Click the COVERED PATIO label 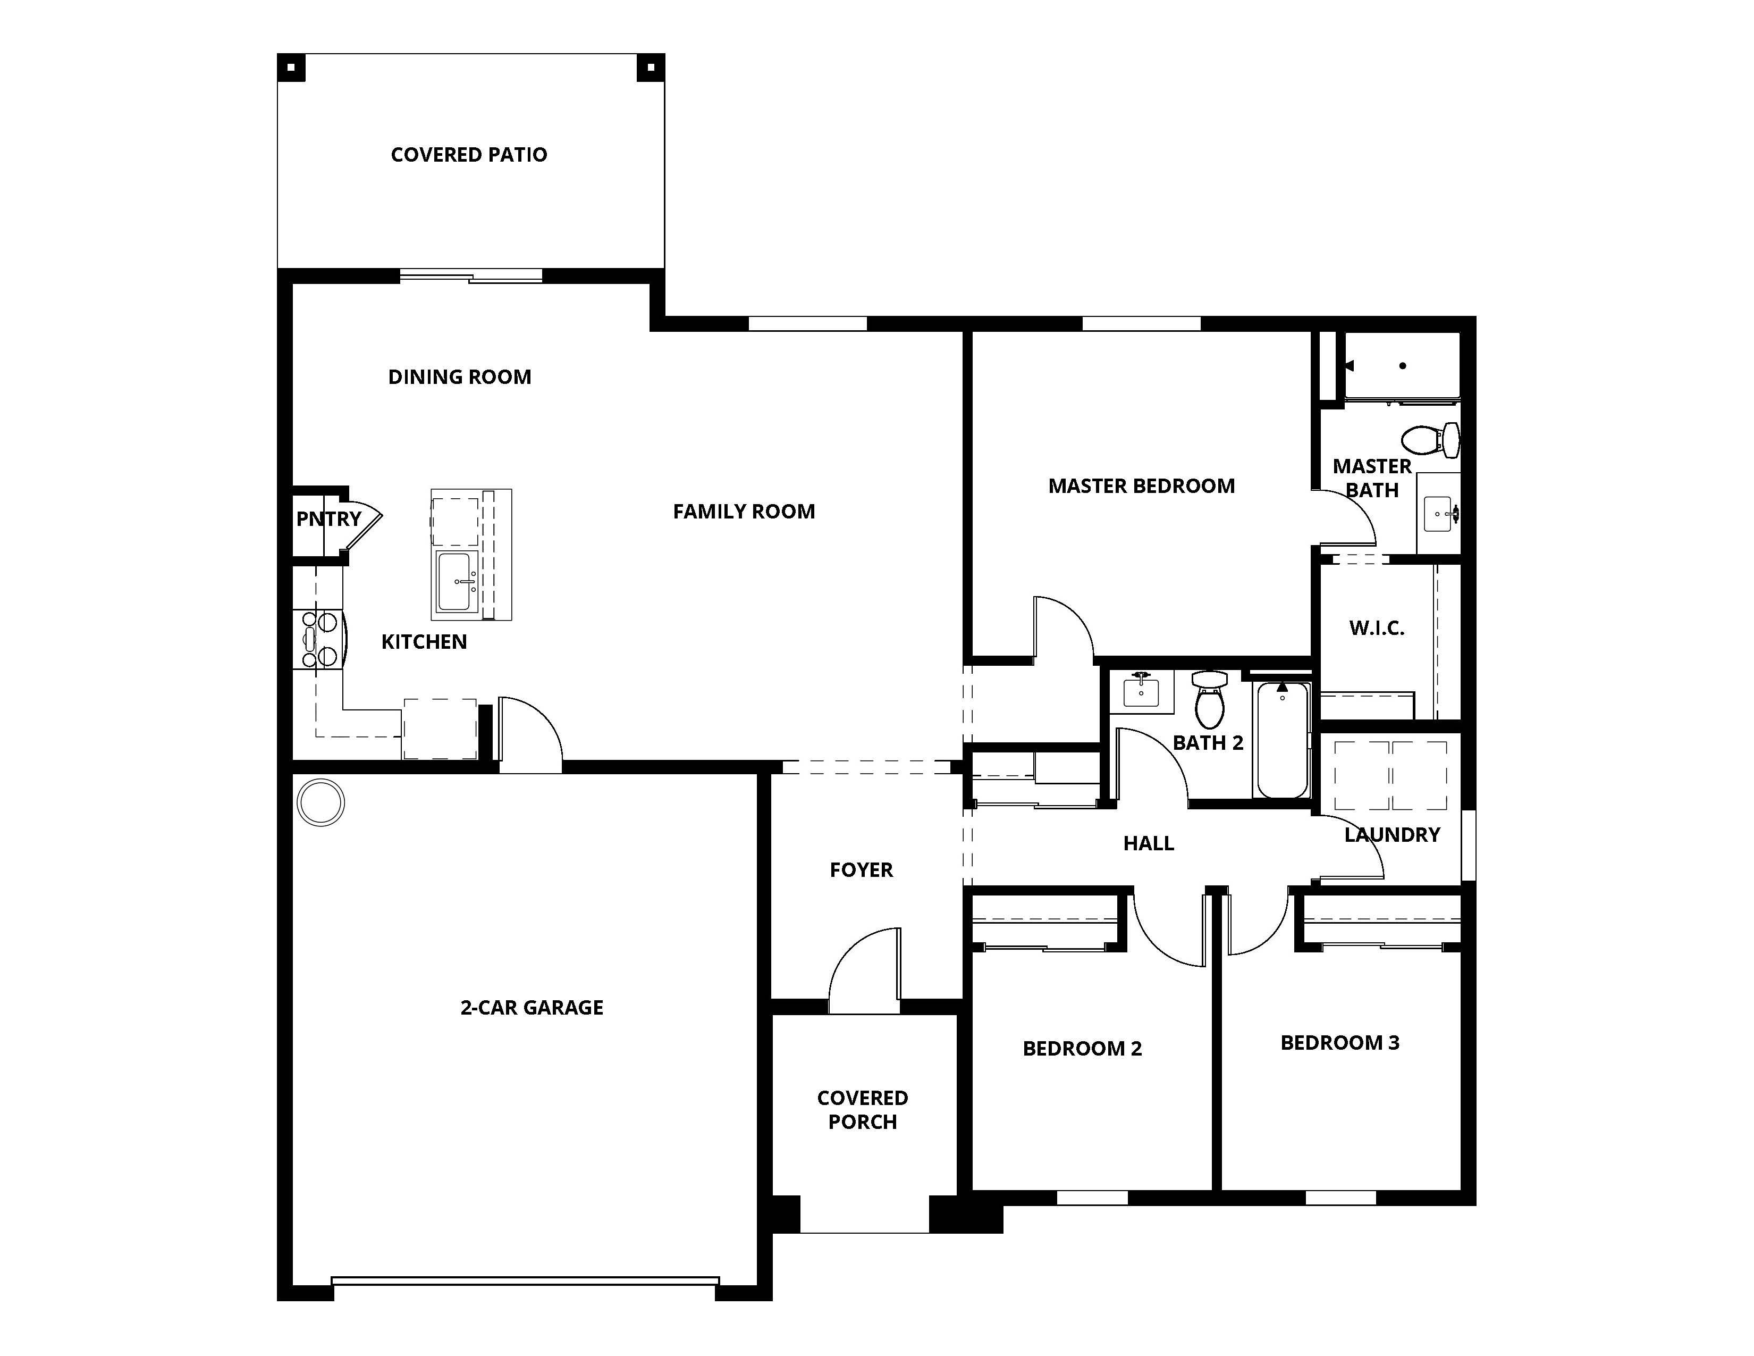pyautogui.click(x=469, y=154)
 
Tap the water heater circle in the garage pyautogui.click(x=321, y=802)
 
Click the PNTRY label pyautogui.click(x=328, y=519)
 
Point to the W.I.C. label pyautogui.click(x=1377, y=628)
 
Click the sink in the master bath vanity pyautogui.click(x=1438, y=513)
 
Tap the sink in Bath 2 pyautogui.click(x=1141, y=691)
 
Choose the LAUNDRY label pyautogui.click(x=1392, y=835)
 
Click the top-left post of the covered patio pyautogui.click(x=291, y=68)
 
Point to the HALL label pyautogui.click(x=1149, y=843)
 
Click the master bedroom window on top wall pyautogui.click(x=1141, y=324)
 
